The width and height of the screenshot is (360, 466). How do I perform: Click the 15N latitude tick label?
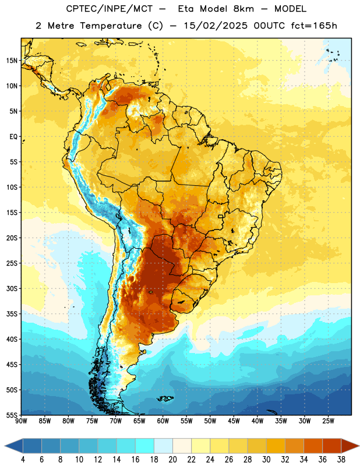[x=12, y=61]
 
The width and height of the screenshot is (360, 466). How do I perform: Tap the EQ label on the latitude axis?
[x=13, y=137]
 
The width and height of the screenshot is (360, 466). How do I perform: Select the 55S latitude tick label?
[x=12, y=415]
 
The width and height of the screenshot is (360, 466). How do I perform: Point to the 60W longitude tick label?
[x=163, y=421]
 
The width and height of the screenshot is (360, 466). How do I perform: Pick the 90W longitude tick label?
[x=21, y=421]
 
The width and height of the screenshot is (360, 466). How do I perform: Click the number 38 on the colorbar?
[x=341, y=460]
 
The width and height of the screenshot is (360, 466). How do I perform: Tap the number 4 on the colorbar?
[x=23, y=460]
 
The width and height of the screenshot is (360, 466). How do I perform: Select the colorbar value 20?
[x=172, y=460]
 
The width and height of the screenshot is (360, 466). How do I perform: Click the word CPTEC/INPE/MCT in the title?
[x=109, y=9]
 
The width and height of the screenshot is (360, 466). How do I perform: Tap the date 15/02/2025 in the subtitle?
[x=216, y=26]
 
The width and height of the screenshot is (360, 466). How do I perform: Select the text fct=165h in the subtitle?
[x=314, y=26]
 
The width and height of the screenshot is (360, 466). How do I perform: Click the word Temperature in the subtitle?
[x=111, y=26]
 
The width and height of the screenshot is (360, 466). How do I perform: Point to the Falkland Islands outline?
[x=165, y=398]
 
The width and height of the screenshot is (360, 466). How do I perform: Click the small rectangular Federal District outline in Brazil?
[x=221, y=216]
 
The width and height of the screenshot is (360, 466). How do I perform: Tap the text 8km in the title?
[x=243, y=9]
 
